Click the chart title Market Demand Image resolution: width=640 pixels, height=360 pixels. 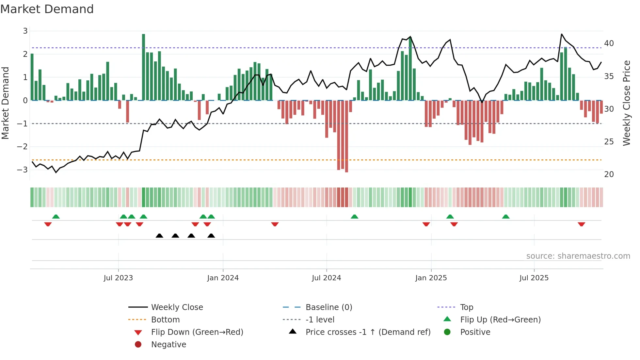(47, 9)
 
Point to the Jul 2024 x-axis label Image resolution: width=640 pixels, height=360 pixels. (326, 278)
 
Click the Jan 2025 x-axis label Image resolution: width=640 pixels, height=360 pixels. (431, 278)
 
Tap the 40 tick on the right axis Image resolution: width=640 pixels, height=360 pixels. (609, 43)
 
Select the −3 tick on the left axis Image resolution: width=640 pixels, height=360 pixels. (23, 170)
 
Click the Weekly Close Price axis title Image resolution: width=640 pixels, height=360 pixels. (626, 103)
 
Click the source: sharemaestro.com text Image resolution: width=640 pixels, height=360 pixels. (578, 256)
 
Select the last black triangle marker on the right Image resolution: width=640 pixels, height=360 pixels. (211, 236)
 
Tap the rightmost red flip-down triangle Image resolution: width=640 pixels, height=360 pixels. (581, 224)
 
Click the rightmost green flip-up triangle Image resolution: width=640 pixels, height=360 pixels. (506, 217)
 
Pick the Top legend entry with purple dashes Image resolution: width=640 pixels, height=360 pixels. (466, 307)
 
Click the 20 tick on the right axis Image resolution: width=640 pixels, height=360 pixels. (609, 174)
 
